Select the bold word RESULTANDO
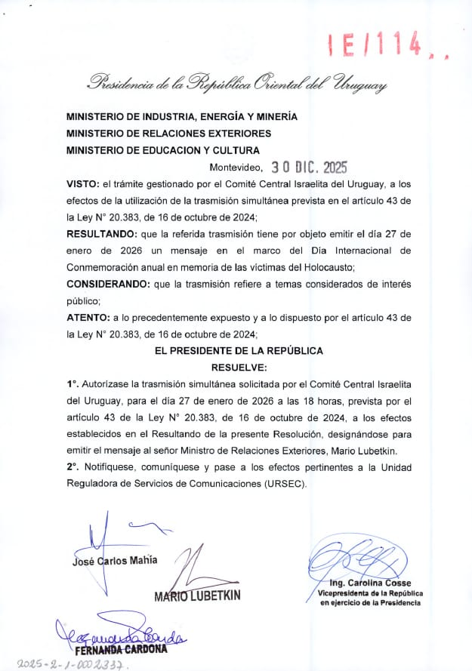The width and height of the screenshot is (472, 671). pyautogui.click(x=106, y=234)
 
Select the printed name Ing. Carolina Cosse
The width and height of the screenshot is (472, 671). pyautogui.click(x=370, y=583)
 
